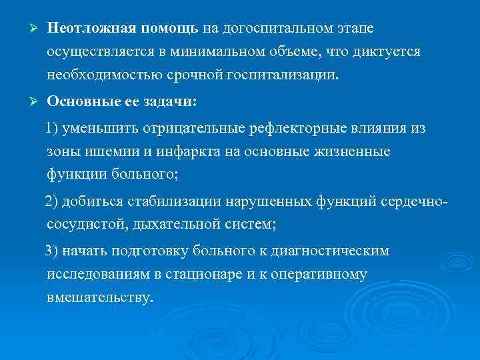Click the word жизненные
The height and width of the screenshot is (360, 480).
(355, 152)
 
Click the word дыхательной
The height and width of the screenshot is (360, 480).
(167, 225)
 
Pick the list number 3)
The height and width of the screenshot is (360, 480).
(53, 251)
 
